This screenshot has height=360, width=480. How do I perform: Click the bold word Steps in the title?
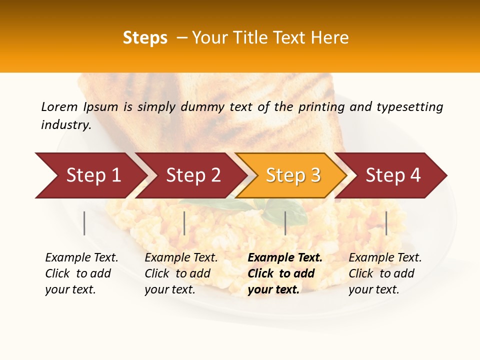[x=145, y=38]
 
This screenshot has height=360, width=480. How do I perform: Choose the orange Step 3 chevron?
[x=293, y=175]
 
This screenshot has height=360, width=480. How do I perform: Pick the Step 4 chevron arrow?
[x=393, y=175]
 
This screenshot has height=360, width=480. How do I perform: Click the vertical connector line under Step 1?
[x=84, y=223]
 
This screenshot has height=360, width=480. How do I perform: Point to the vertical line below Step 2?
[x=184, y=223]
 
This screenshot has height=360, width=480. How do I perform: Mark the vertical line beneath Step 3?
[x=285, y=223]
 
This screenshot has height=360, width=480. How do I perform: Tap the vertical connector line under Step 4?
[x=386, y=223]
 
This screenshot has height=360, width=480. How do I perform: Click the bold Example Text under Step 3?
[x=285, y=258]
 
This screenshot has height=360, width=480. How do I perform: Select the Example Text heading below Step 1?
[x=81, y=258]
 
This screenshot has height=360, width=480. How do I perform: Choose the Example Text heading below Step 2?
[x=181, y=258]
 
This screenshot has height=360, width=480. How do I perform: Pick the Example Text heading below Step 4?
[x=385, y=258]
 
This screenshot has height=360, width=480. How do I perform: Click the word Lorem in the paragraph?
[x=59, y=107]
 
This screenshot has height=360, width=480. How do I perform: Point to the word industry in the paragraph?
[x=66, y=125]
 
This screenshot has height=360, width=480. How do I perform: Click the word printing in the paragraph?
[x=322, y=107]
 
